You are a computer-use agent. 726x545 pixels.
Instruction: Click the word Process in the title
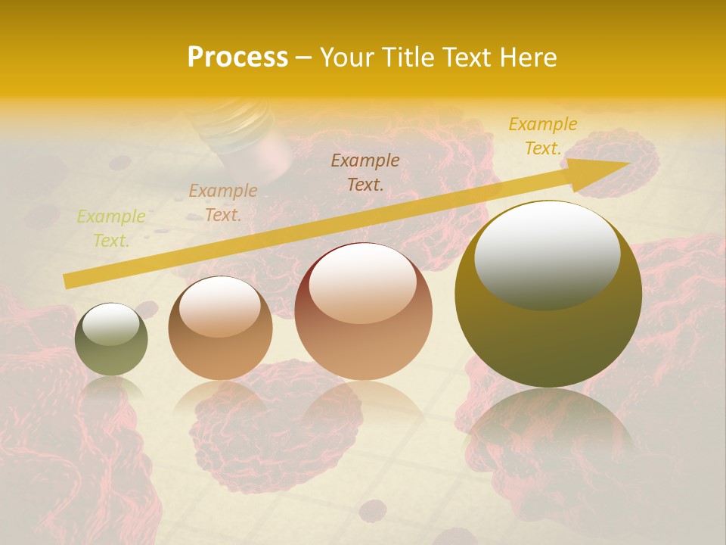[x=237, y=58]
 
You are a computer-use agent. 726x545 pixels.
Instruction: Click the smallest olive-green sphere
[x=111, y=339]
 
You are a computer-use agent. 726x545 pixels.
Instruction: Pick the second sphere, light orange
[x=220, y=328]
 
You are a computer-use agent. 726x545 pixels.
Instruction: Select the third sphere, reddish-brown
[x=363, y=311]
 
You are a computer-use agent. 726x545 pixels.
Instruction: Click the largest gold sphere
[x=548, y=294]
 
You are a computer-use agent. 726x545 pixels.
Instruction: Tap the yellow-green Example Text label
[x=111, y=229]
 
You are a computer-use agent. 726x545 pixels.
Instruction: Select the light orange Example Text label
[x=223, y=203]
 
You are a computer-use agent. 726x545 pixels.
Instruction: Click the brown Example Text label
[x=365, y=172]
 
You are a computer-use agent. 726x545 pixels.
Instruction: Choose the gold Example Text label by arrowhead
[x=543, y=136]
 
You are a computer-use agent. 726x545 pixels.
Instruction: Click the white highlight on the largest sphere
[x=547, y=254]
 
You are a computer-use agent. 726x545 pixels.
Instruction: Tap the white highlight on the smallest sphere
[x=110, y=325]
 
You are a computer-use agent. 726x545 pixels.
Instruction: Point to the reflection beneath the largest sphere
[x=548, y=431]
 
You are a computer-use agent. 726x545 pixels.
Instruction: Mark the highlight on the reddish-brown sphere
[x=362, y=283]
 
